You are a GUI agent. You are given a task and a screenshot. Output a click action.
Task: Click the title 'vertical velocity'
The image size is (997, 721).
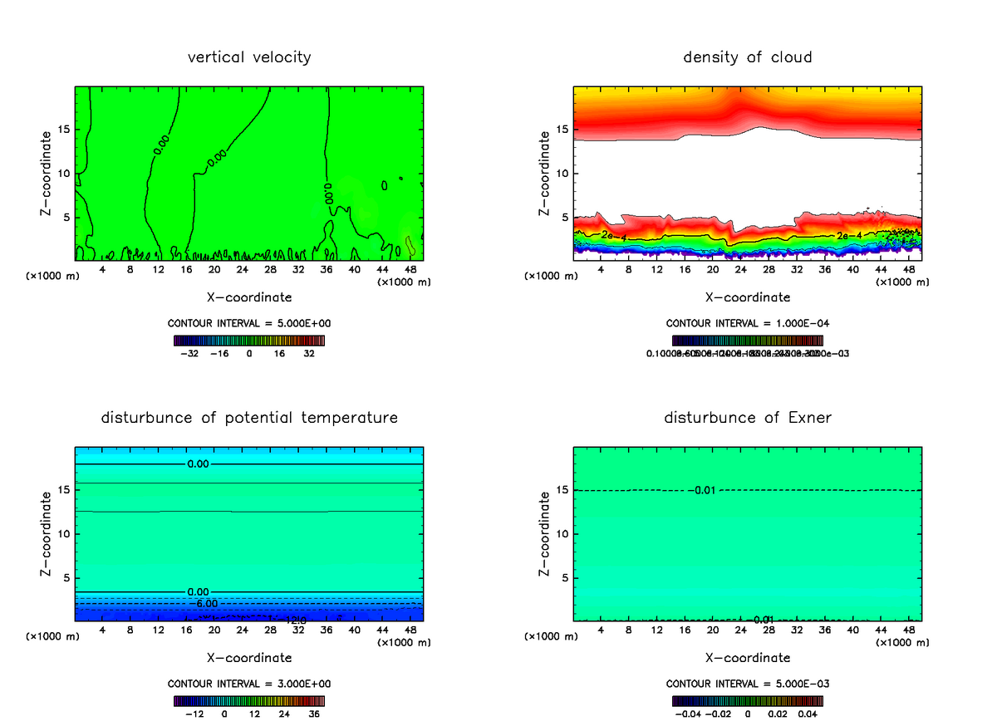[249, 57]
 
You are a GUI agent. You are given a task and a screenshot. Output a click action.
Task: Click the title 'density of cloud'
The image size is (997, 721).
[747, 57]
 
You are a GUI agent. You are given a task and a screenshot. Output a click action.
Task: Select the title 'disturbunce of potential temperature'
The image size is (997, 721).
[249, 417]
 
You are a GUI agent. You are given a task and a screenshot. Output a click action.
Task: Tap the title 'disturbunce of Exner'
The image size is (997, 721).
[747, 417]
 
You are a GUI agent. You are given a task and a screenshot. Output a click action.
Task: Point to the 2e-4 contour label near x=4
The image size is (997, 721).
[614, 237]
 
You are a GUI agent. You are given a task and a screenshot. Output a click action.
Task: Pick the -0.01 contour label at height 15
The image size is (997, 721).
[702, 490]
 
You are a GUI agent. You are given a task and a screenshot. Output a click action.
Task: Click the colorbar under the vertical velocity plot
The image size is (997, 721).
[249, 341]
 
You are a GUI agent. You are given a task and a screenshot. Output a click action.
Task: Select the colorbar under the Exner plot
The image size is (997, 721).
[747, 701]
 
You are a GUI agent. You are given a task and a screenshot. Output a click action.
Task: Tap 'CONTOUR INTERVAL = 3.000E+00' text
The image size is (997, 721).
[249, 684]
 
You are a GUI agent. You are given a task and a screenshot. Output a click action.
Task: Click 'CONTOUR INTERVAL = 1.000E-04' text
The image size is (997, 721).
[747, 323]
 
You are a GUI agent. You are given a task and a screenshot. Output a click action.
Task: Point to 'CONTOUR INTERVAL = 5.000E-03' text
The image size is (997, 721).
[747, 684]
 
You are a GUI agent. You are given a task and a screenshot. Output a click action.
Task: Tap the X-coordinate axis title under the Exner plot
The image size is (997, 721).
[747, 657]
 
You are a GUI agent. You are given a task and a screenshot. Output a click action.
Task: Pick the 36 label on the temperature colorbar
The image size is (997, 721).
[313, 713]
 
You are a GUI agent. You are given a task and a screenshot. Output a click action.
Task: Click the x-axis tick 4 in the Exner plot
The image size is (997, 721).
[601, 629]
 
